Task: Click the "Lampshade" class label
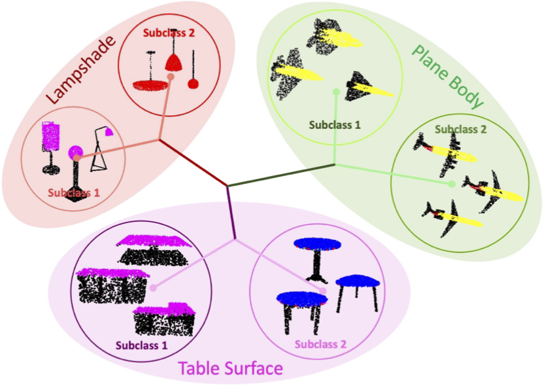point(81,69)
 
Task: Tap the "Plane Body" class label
point(447,77)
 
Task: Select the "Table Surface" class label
point(230,368)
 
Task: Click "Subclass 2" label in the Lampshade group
point(169,33)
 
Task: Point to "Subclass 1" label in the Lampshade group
point(73,192)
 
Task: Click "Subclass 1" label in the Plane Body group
point(335,125)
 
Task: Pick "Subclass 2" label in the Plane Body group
point(461,130)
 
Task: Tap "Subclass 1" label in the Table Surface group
point(141,345)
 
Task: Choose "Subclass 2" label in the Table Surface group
point(320,344)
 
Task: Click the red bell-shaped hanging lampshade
point(173,63)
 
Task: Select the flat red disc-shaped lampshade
point(150,86)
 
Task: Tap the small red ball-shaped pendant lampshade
point(193,84)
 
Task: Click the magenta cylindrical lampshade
point(50,136)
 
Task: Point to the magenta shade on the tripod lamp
point(109,132)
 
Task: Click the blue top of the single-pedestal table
point(317,244)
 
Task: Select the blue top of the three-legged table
point(358,281)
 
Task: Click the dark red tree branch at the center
point(194,162)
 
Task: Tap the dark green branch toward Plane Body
point(280,175)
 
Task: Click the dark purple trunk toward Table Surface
point(231,213)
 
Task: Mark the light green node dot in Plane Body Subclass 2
point(451,184)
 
